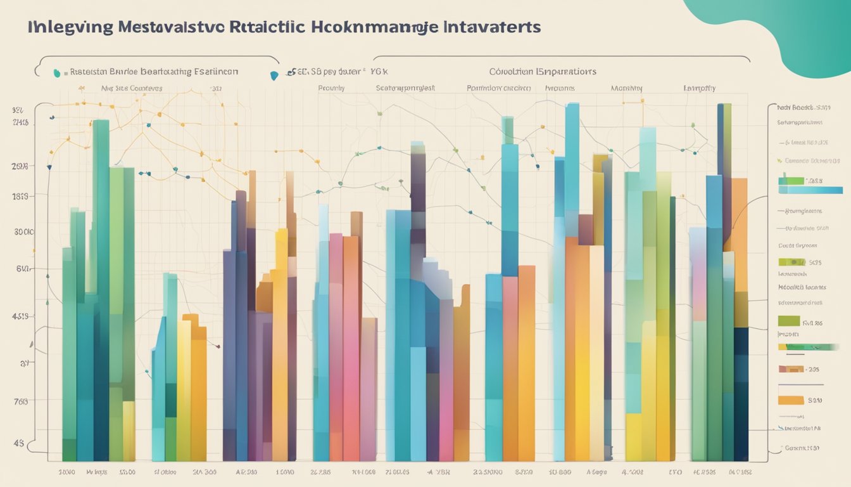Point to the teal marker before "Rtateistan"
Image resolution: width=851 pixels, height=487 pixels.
[x=58, y=73]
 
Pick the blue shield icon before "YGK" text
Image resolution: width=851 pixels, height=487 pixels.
[x=274, y=75]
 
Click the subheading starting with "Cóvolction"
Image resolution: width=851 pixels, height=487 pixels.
[x=542, y=72]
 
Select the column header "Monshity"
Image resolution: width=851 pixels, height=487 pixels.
[x=626, y=89]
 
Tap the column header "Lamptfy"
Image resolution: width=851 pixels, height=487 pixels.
[x=699, y=89]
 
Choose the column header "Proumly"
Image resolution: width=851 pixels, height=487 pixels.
[x=331, y=89]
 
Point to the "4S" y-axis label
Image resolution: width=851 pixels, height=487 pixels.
[x=18, y=443]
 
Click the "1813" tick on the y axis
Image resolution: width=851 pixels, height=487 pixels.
[x=20, y=197]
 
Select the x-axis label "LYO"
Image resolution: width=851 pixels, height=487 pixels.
[x=675, y=472]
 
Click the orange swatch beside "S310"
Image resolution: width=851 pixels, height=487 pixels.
[x=790, y=400]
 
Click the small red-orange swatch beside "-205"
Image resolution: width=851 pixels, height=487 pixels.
[x=790, y=368]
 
